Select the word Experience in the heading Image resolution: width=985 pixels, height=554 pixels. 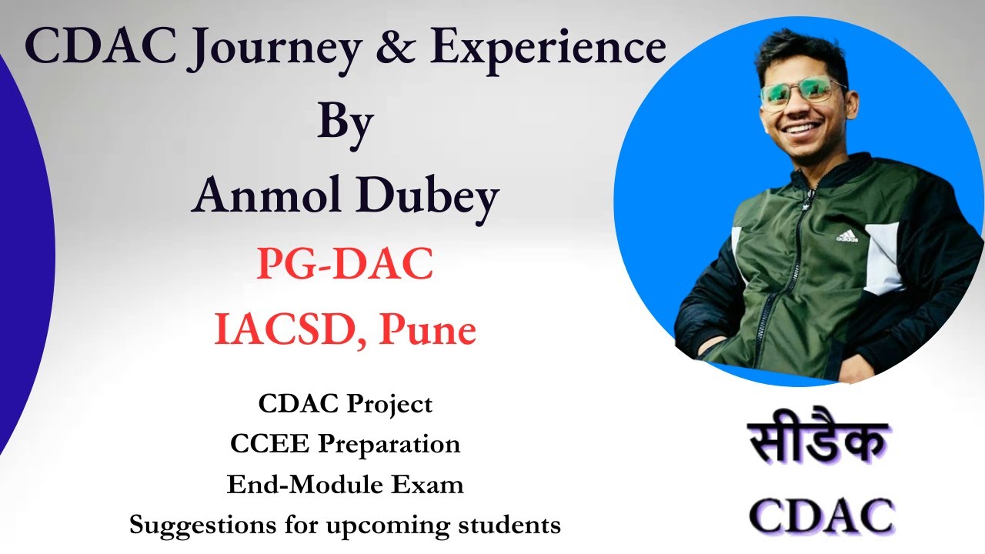[x=547, y=48]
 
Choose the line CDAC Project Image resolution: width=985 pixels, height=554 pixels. [x=346, y=403]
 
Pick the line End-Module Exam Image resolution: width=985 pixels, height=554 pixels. [x=346, y=485]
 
